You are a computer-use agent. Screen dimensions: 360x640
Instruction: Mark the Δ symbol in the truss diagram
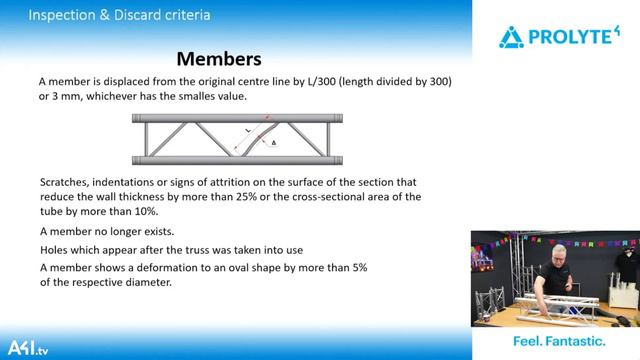(x=273, y=143)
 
